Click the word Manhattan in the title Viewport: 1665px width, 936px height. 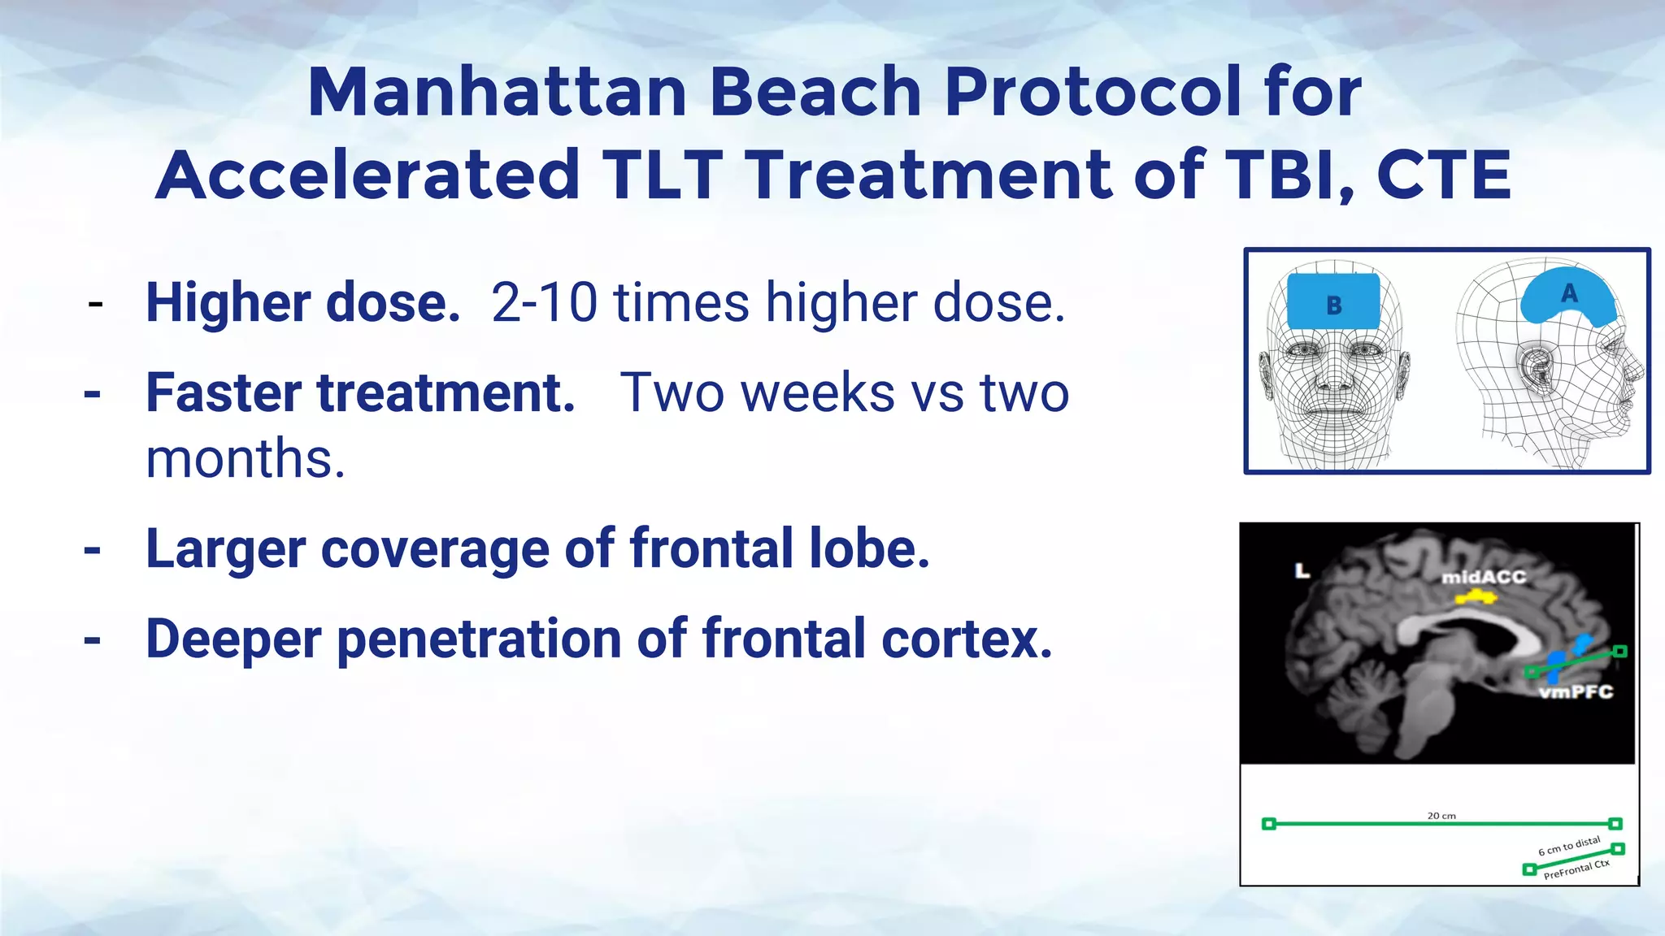coord(497,92)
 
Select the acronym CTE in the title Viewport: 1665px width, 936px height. coord(1444,175)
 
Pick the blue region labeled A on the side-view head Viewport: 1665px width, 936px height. coord(1568,296)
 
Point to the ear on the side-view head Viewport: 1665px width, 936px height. coord(1536,369)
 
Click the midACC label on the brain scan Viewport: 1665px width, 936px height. coord(1484,578)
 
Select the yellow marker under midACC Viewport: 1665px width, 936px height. coord(1475,598)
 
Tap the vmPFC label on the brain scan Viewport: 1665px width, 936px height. coord(1576,692)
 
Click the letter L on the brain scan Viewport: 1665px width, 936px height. coord(1302,571)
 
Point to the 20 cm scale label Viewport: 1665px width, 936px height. coord(1441,815)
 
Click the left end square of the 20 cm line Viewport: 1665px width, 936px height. coord(1268,824)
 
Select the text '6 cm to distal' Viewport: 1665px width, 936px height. coord(1568,847)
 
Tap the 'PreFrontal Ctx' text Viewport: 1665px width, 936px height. coord(1576,869)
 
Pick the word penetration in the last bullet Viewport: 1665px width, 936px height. coord(479,639)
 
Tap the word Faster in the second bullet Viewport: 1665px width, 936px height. coord(223,393)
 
